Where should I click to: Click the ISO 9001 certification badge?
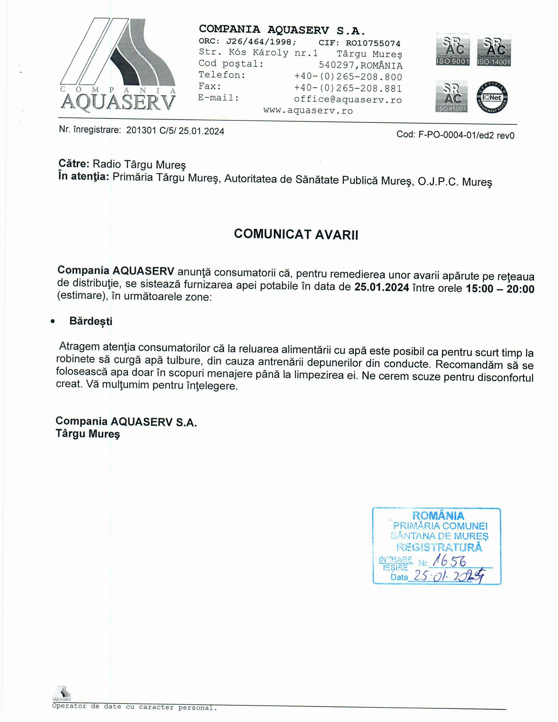tap(453, 50)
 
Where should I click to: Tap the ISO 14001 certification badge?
tap(494, 50)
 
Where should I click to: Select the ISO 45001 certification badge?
tap(451, 96)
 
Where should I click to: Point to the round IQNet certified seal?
tap(492, 97)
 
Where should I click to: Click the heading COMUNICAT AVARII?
tap(296, 234)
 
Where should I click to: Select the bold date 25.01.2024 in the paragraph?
tap(381, 287)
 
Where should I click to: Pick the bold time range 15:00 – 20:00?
tap(500, 288)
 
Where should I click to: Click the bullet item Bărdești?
tap(91, 321)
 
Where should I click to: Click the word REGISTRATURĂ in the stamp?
tap(439, 547)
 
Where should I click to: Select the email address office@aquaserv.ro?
tap(348, 99)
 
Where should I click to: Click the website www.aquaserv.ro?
tap(308, 110)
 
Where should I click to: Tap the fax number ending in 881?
tap(348, 88)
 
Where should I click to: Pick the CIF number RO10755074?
tap(373, 43)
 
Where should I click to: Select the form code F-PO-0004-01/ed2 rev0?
tap(466, 135)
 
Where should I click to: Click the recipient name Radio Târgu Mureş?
tap(139, 164)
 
